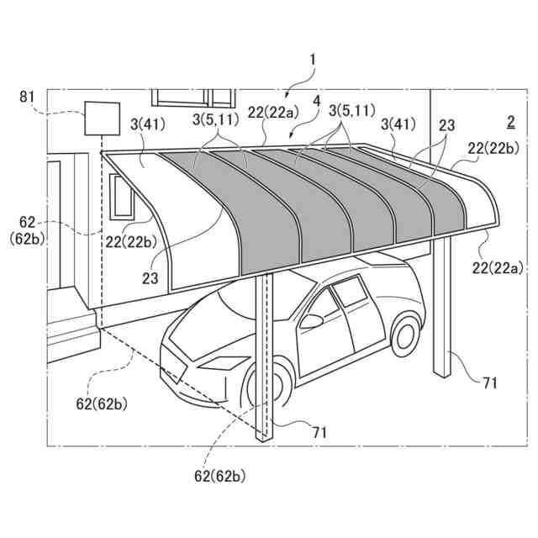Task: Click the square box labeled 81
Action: coord(99,118)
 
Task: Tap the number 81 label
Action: coord(28,97)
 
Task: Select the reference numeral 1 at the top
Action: coord(313,60)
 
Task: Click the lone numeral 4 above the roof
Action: coord(316,100)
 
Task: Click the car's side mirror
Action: coord(311,320)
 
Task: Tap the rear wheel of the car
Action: coord(406,330)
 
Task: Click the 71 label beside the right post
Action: coord(490,383)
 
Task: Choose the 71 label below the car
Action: coord(319,432)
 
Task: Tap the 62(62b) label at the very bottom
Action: coord(220,476)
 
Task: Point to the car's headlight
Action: coord(220,363)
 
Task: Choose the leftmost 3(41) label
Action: coord(148,124)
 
